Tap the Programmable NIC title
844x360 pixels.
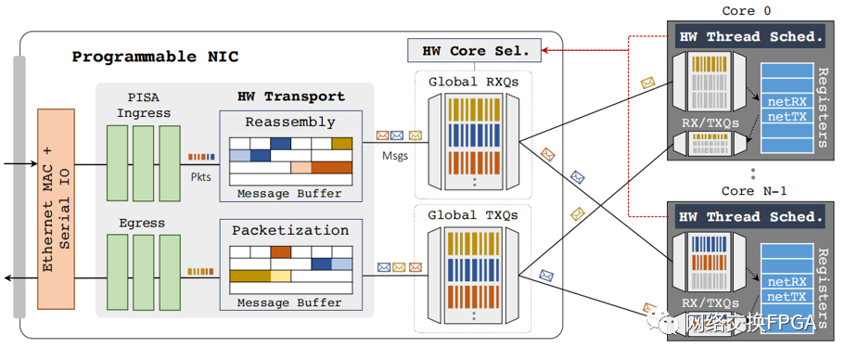[155, 57]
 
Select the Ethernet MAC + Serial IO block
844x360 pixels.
[56, 209]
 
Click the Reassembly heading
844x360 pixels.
[290, 122]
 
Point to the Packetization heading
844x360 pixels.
[290, 230]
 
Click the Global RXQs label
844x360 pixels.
[473, 83]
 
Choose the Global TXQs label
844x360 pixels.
[473, 215]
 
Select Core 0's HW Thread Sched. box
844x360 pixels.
[751, 36]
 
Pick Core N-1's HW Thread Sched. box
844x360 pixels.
[751, 217]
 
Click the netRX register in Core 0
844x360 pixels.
[786, 101]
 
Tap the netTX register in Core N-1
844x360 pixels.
[786, 296]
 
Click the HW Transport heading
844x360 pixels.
[290, 96]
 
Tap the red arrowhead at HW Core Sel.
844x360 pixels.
[545, 51]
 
